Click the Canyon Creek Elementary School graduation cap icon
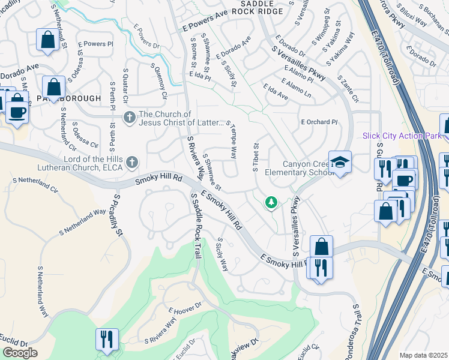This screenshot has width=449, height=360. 340,163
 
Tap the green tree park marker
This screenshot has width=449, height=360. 271,203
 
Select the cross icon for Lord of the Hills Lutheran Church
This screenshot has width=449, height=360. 132,162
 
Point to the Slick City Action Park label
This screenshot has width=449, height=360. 402,136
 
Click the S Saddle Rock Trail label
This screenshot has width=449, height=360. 195,218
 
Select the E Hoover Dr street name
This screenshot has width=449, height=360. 184,310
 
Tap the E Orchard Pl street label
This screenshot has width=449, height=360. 319,122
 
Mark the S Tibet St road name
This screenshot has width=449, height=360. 255,157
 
